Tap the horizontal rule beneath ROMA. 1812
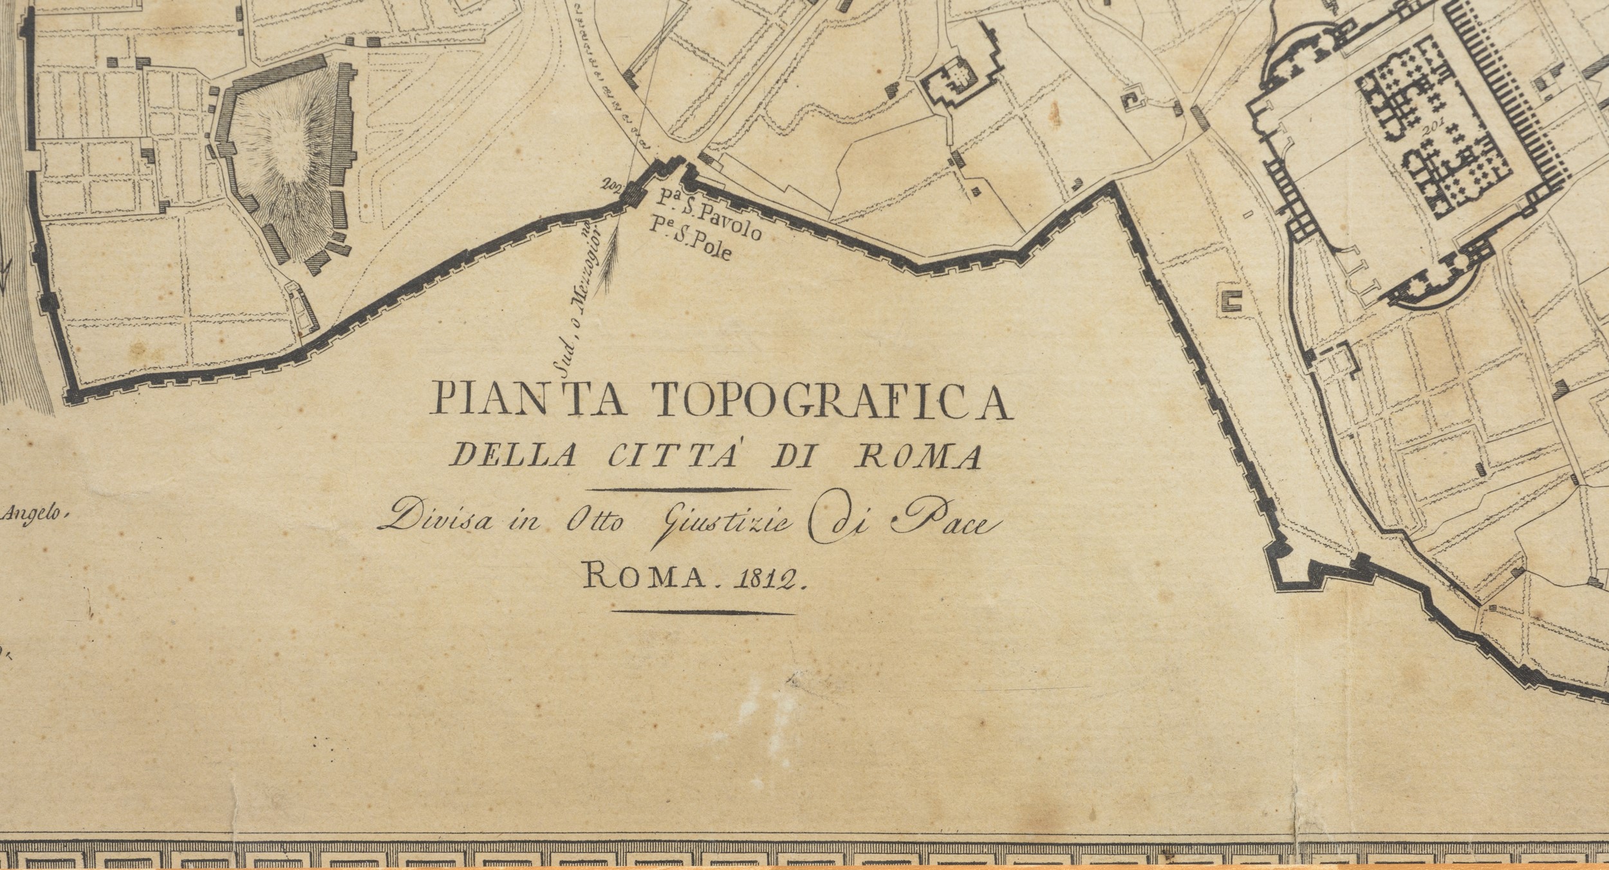(x=703, y=611)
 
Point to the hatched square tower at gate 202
(x=634, y=192)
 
